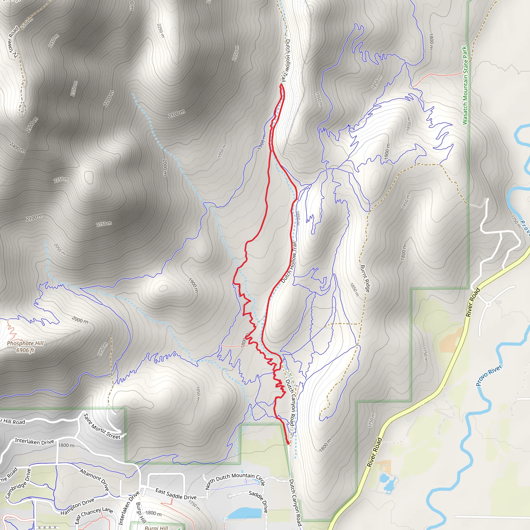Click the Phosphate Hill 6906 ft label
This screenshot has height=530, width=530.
[25, 347]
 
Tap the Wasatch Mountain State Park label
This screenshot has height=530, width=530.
[465, 85]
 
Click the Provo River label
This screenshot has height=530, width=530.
[489, 375]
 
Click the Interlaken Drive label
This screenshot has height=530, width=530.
[34, 441]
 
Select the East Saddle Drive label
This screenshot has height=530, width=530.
[176, 494]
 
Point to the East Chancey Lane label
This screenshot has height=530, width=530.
[94, 514]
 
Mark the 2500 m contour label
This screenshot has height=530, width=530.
[32, 124]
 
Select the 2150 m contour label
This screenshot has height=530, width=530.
[104, 224]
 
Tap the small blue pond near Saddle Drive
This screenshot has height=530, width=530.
[244, 513]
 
